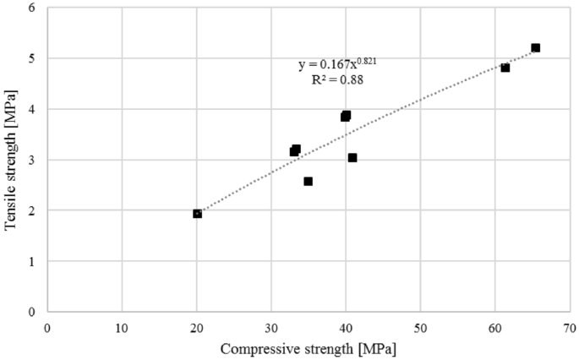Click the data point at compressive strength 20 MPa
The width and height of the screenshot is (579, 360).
197,214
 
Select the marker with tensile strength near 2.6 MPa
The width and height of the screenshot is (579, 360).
308,182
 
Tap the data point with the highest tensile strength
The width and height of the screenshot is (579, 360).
535,48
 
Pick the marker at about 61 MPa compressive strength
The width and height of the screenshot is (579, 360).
505,68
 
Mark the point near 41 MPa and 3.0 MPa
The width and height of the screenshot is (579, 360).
352,158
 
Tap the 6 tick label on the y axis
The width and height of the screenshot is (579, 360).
33,8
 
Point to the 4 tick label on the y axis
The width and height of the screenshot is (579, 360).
33,109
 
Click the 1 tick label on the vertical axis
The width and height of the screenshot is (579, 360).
33,261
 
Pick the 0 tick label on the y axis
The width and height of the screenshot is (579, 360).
33,312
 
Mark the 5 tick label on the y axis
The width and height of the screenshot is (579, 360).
33,59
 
